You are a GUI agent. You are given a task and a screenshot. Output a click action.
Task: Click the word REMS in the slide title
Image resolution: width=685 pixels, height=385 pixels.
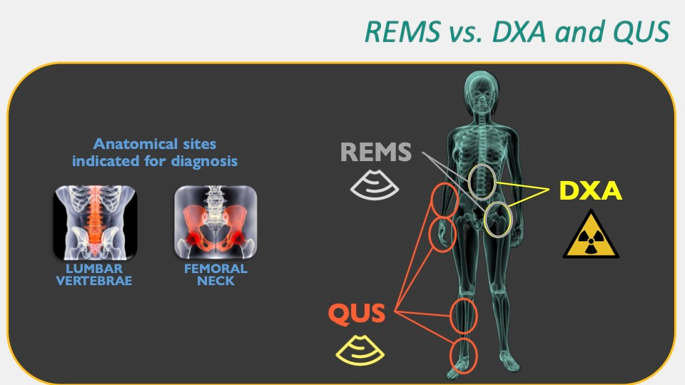click(x=395, y=31)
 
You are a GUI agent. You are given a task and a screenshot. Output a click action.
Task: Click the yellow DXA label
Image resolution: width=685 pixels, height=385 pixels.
click(x=591, y=190)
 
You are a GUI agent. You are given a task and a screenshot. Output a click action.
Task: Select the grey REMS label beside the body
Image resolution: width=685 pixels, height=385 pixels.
click(x=376, y=152)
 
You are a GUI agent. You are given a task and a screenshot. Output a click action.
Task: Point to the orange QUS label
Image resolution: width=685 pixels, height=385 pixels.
click(x=357, y=314)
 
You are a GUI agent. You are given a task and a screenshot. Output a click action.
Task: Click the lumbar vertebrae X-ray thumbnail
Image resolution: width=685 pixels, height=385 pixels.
click(x=96, y=222)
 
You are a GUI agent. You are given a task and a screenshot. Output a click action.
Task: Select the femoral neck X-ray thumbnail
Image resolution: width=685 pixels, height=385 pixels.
click(x=215, y=222)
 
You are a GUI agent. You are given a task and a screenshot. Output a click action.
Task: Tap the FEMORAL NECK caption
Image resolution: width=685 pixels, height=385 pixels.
click(x=215, y=274)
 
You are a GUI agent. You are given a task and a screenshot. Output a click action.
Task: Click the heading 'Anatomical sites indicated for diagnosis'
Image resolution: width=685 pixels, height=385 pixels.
click(x=155, y=153)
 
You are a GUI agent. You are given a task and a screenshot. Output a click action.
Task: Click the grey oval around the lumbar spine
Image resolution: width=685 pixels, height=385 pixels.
click(x=482, y=180)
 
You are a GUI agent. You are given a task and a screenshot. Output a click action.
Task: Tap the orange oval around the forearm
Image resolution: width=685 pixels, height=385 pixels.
click(x=443, y=200)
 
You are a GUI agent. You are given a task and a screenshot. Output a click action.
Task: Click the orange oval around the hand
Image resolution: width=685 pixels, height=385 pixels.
click(x=442, y=235)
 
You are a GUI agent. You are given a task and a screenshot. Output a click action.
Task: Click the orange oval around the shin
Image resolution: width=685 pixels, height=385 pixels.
click(x=464, y=315)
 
